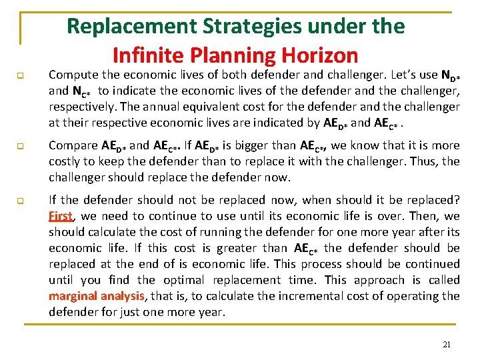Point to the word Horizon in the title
[319, 55]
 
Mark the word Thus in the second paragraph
[429, 162]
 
